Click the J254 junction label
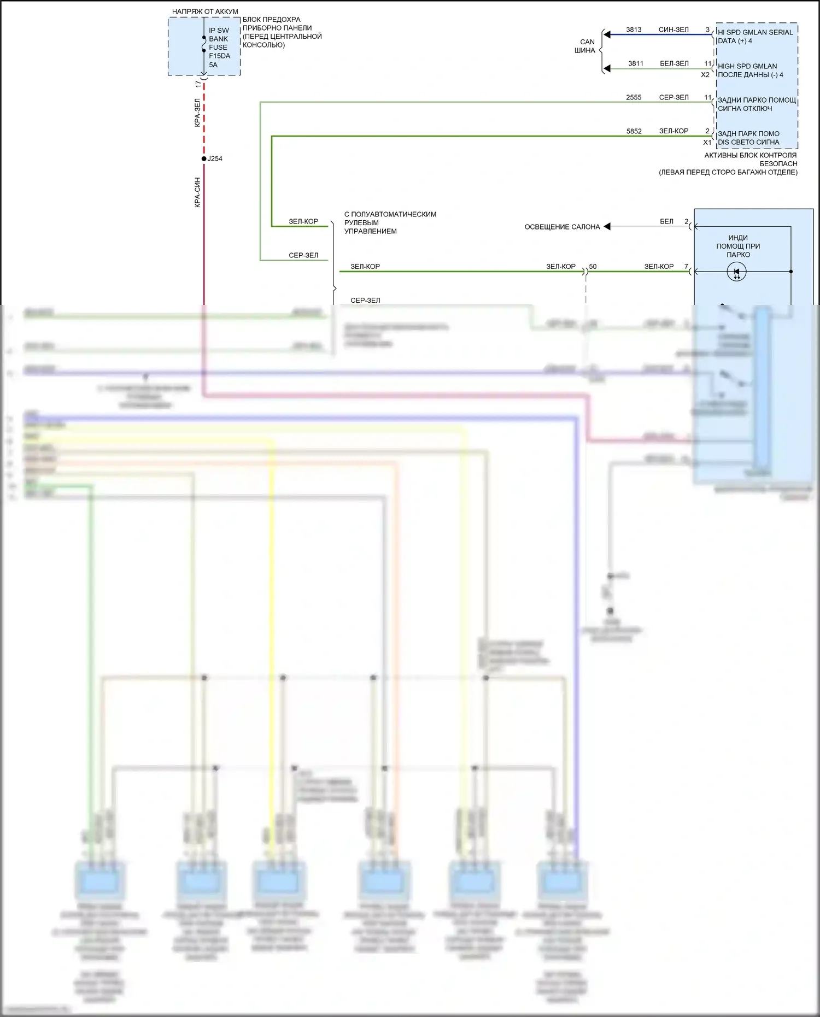pos(215,158)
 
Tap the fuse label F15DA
pos(219,56)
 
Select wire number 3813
pos(634,30)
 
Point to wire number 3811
pos(635,63)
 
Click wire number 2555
pos(634,97)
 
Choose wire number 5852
pos(634,131)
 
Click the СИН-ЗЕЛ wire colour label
pos(673,30)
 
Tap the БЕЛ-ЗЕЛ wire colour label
pos(674,63)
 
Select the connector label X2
pos(705,75)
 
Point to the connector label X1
pos(707,142)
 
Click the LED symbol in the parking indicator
pos(736,272)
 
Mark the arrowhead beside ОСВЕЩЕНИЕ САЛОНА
pos(607,226)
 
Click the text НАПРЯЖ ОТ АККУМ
pos(205,11)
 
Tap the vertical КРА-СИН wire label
pos(197,192)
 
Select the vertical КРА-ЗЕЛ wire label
pos(197,113)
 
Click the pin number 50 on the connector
pos(593,267)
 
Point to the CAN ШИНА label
pos(586,46)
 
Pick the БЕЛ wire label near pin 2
pos(666,221)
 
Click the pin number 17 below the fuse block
pos(198,84)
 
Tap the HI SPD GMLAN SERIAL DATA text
pos(754,37)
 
